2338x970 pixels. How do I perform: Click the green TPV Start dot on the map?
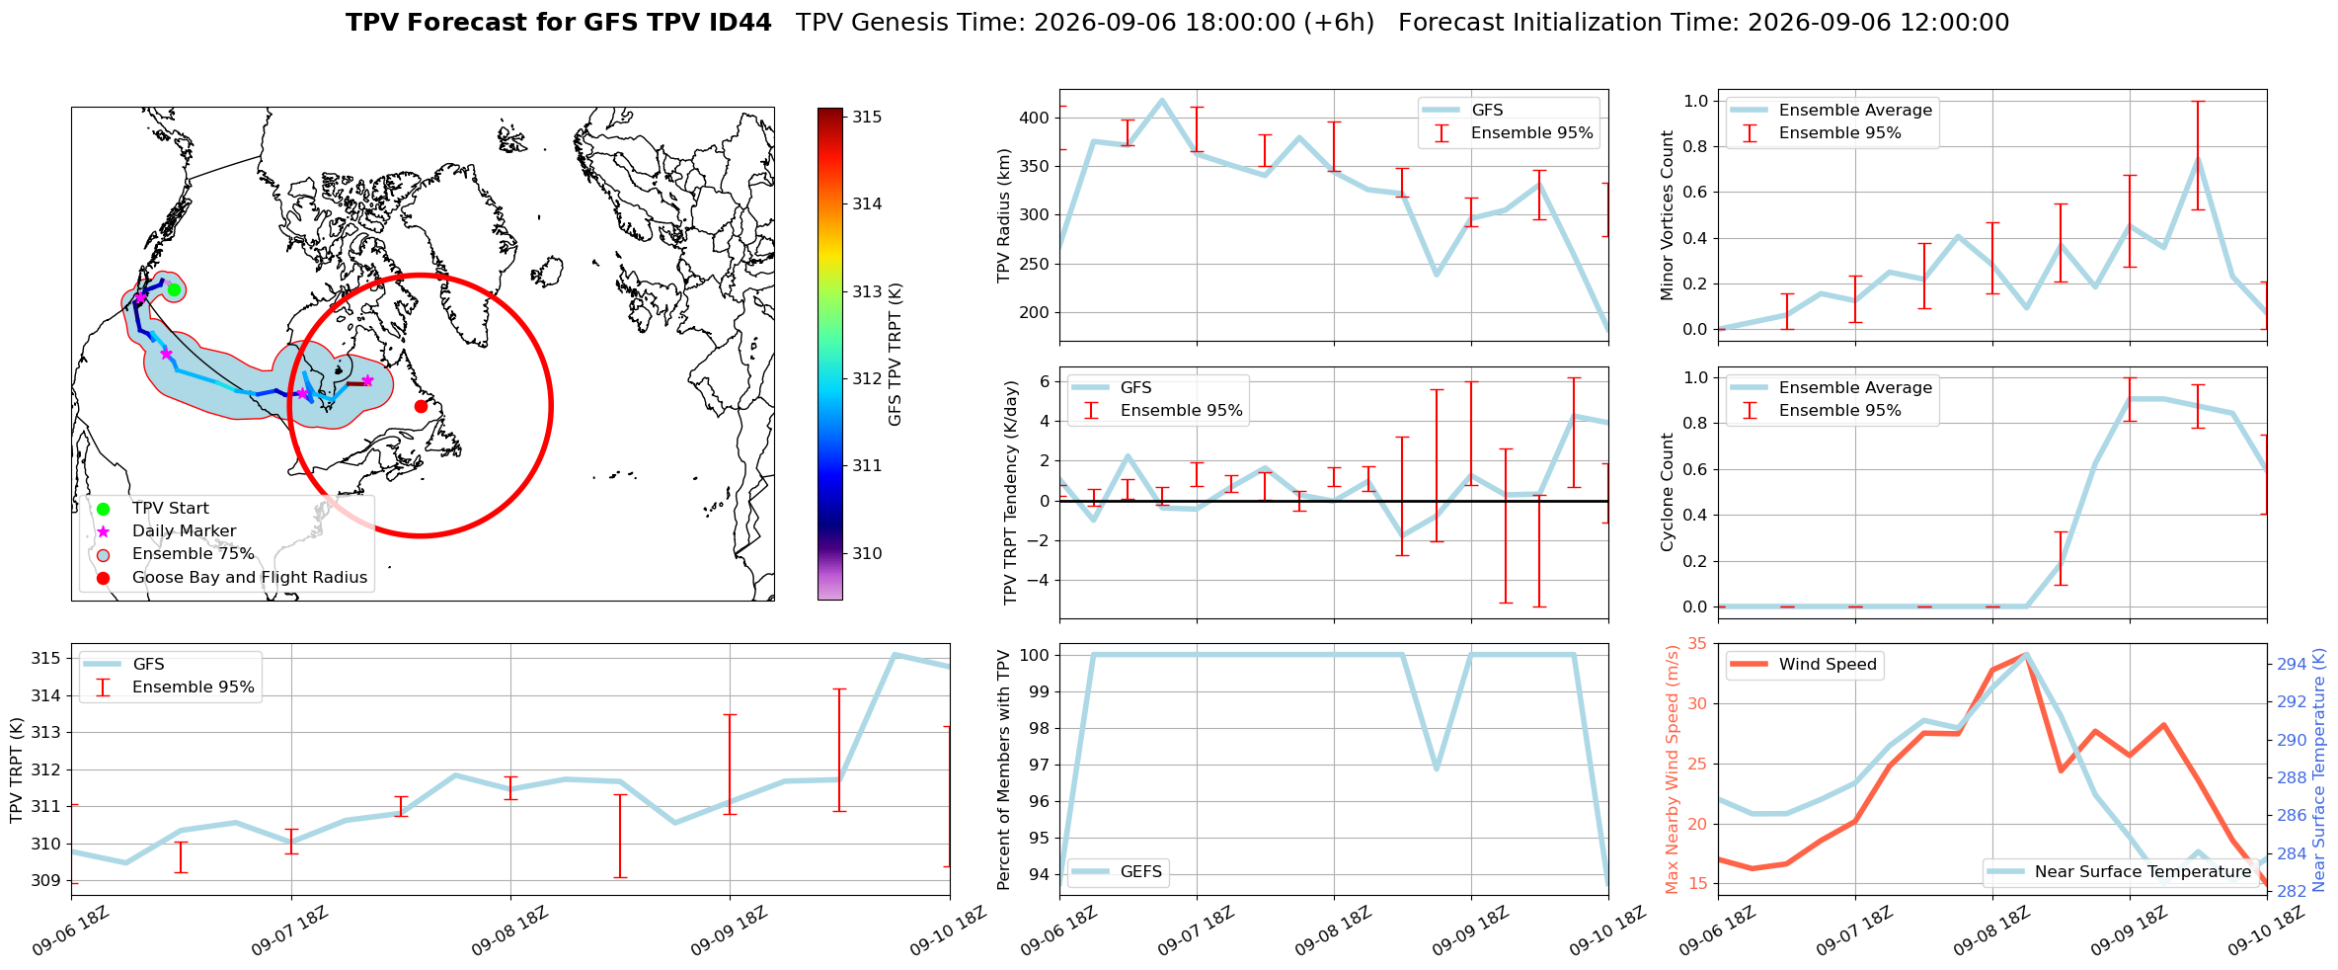(174, 289)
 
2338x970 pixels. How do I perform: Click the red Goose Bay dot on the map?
(421, 406)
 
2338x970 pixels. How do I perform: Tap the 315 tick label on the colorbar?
(867, 117)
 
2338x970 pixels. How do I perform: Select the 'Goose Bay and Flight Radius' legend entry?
(249, 577)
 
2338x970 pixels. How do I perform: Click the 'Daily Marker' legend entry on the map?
(184, 531)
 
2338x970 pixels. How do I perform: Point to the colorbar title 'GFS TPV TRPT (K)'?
(896, 354)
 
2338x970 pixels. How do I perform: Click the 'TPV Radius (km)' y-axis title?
(1004, 215)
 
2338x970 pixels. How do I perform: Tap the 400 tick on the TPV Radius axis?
(1035, 118)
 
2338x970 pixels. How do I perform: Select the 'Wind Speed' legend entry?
(1827, 665)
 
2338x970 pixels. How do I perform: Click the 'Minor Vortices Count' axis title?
(1668, 215)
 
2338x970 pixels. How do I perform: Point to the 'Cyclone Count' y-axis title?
(1668, 492)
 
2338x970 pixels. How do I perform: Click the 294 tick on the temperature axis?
(2292, 664)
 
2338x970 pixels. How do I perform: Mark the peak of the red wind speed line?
(2026, 654)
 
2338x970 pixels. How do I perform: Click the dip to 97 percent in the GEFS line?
(1437, 768)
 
